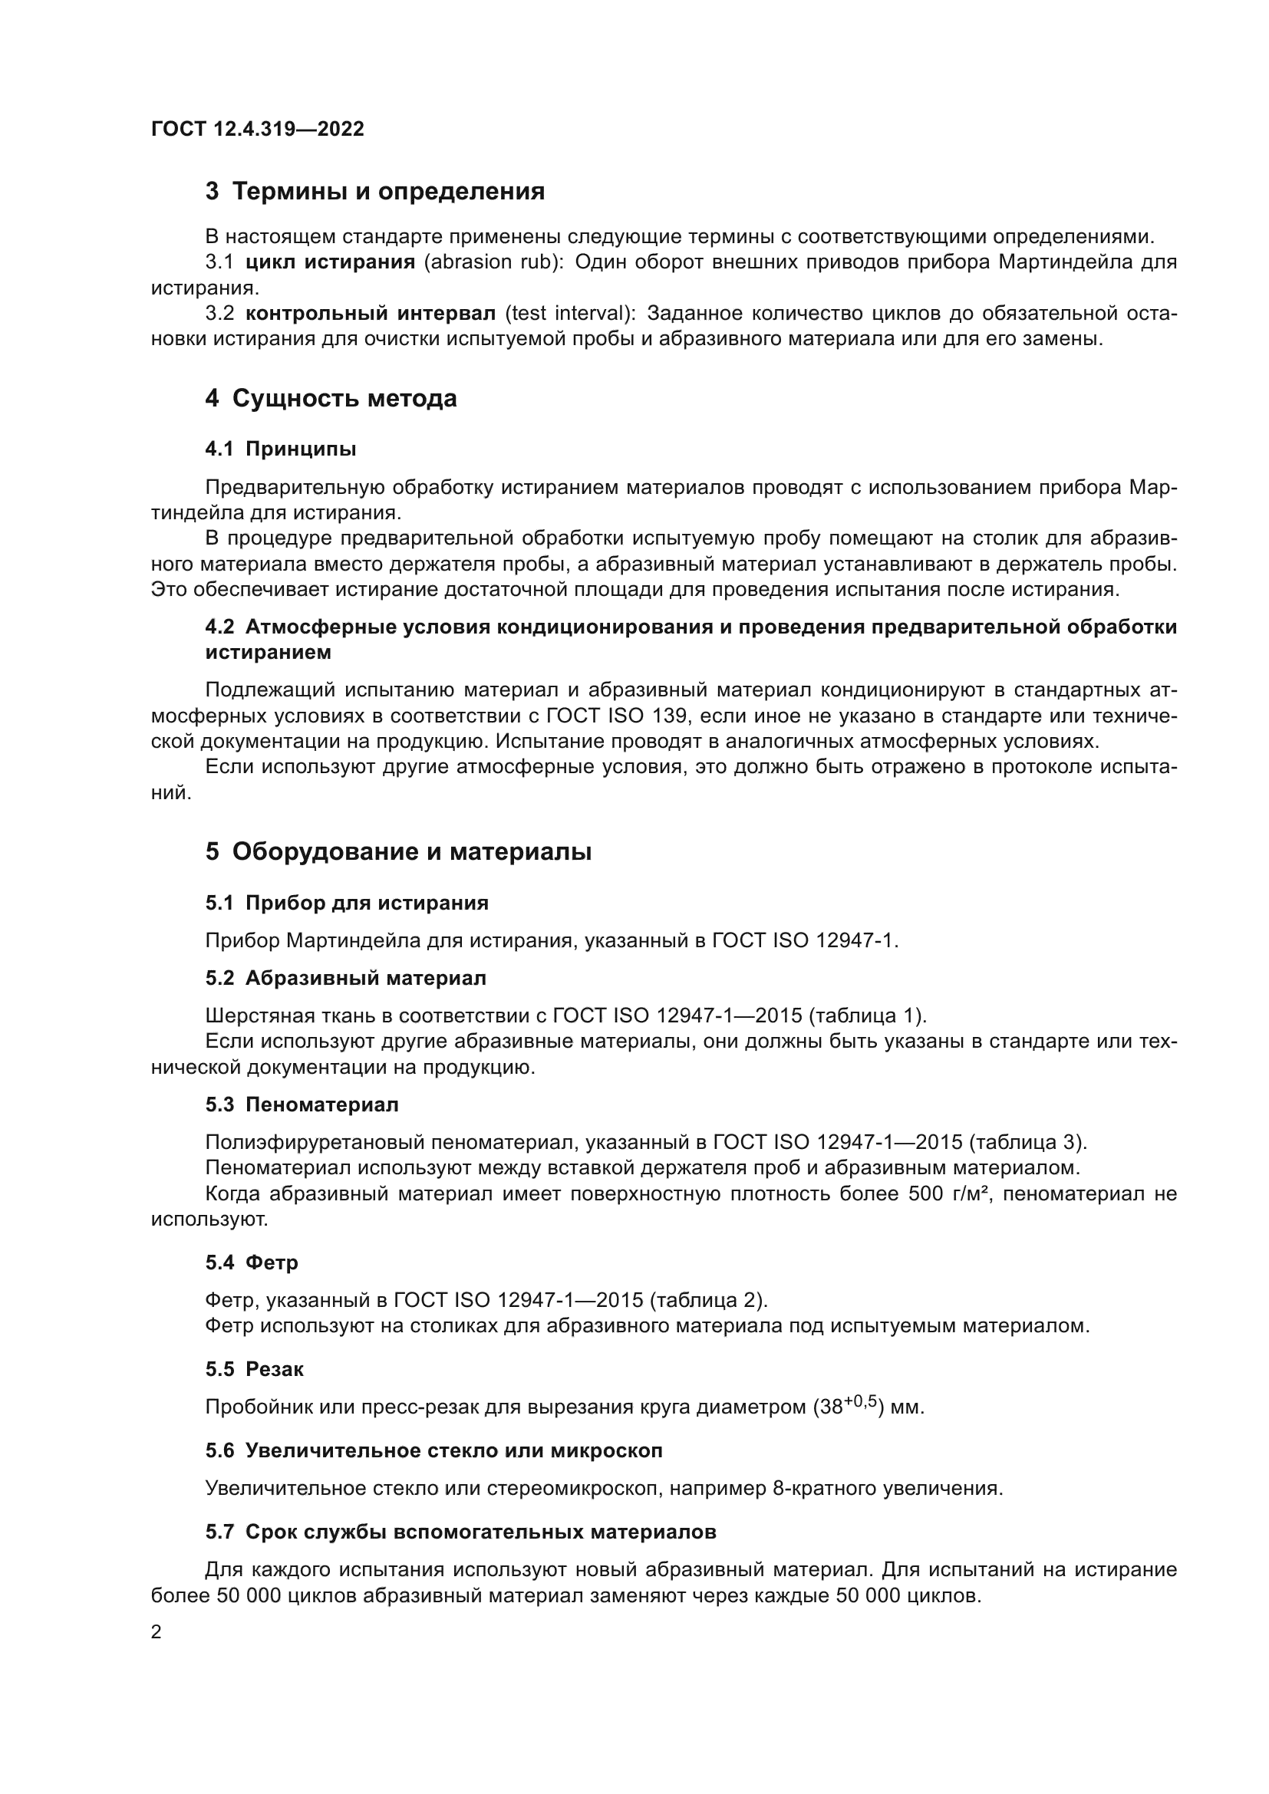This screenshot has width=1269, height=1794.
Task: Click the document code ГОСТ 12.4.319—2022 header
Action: point(257,129)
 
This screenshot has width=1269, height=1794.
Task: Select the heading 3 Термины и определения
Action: point(374,192)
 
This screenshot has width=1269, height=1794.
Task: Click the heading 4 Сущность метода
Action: point(331,399)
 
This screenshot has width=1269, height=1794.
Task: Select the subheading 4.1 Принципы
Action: point(281,449)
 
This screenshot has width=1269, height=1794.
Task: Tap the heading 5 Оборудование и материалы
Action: point(397,851)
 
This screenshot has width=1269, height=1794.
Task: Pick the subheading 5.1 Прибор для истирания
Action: point(346,904)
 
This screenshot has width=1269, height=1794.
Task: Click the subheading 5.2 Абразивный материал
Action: point(345,978)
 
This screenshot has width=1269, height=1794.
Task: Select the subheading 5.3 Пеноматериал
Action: point(302,1104)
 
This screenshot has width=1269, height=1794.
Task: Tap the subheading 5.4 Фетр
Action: point(252,1262)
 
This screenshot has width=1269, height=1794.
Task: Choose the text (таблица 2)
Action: point(709,1300)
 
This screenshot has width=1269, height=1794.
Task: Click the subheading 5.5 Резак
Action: point(254,1369)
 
